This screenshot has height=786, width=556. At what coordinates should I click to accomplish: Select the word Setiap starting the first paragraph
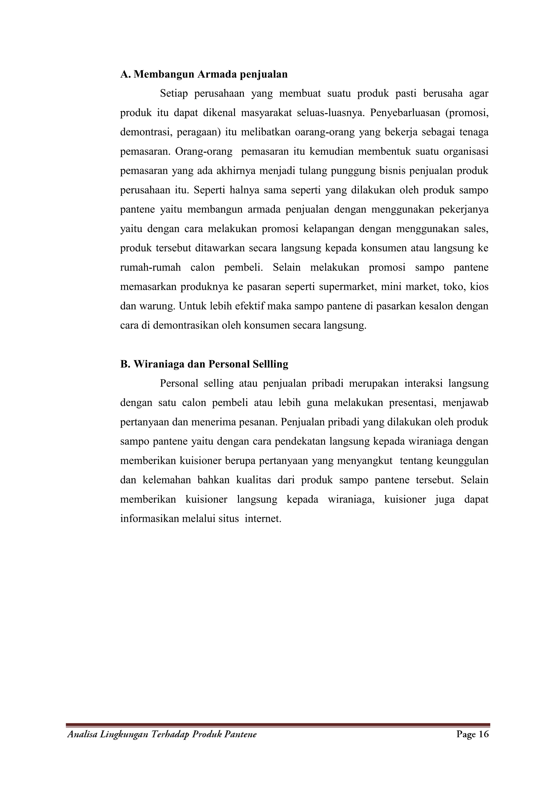173,93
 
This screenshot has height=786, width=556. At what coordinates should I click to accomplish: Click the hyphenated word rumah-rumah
150,267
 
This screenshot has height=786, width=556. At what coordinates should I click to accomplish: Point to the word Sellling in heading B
270,364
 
